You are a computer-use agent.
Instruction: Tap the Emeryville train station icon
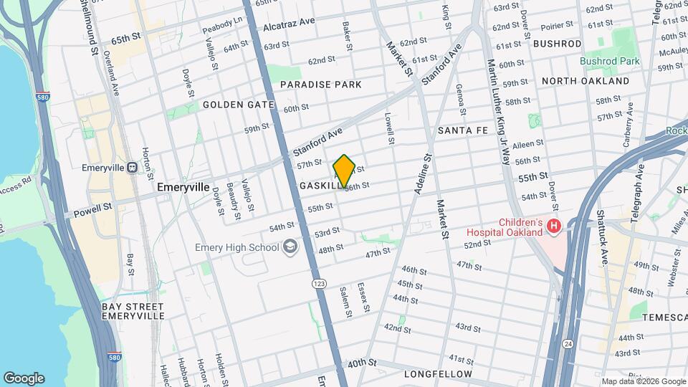132,167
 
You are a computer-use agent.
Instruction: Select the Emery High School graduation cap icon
290,247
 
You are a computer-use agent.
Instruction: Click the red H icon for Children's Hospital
553,227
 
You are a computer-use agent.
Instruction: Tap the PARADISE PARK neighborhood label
320,85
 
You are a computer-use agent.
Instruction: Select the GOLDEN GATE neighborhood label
238,105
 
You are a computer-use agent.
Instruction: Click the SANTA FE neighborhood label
463,130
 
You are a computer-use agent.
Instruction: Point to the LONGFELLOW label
438,374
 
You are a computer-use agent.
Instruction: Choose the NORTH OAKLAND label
586,81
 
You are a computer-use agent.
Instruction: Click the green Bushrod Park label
610,62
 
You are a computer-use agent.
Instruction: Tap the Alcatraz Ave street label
289,25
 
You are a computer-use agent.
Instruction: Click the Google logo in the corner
24,378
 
